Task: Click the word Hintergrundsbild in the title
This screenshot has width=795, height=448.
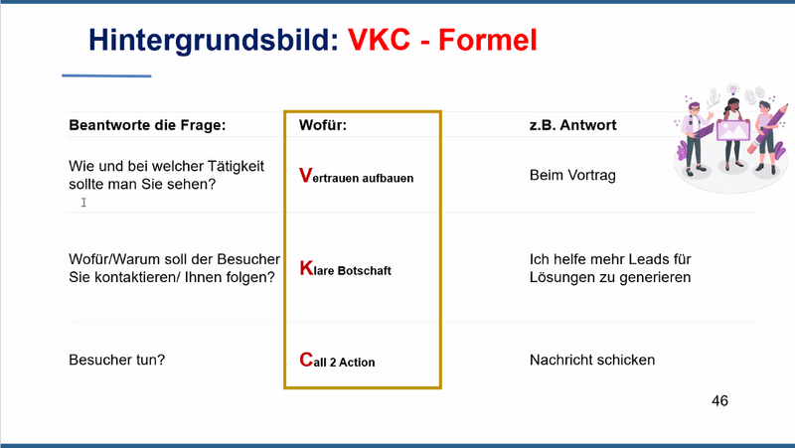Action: [x=214, y=41]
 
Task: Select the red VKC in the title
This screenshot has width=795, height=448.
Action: [x=380, y=39]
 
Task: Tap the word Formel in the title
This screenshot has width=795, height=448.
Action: [x=488, y=40]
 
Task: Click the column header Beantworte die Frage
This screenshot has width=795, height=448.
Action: [x=147, y=125]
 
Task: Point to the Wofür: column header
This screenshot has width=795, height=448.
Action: [x=323, y=125]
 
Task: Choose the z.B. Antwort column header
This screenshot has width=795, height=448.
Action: [x=573, y=125]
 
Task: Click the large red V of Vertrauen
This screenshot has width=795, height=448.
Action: [x=306, y=176]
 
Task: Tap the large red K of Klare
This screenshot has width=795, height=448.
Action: [x=306, y=268]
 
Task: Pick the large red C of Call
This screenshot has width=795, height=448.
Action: [x=306, y=360]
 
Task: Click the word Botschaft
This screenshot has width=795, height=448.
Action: [x=365, y=270]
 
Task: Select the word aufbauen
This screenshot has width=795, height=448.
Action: [x=388, y=178]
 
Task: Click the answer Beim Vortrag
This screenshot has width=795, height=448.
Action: [x=573, y=176]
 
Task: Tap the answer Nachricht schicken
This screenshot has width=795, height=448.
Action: [x=592, y=360]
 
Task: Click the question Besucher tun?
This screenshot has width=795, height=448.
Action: [x=117, y=360]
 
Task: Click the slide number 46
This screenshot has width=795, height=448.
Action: [x=719, y=401]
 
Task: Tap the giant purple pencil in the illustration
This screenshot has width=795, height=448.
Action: [x=767, y=129]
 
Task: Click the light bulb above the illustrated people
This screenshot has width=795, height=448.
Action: [x=732, y=90]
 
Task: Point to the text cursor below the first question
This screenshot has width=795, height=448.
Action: [x=83, y=203]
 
